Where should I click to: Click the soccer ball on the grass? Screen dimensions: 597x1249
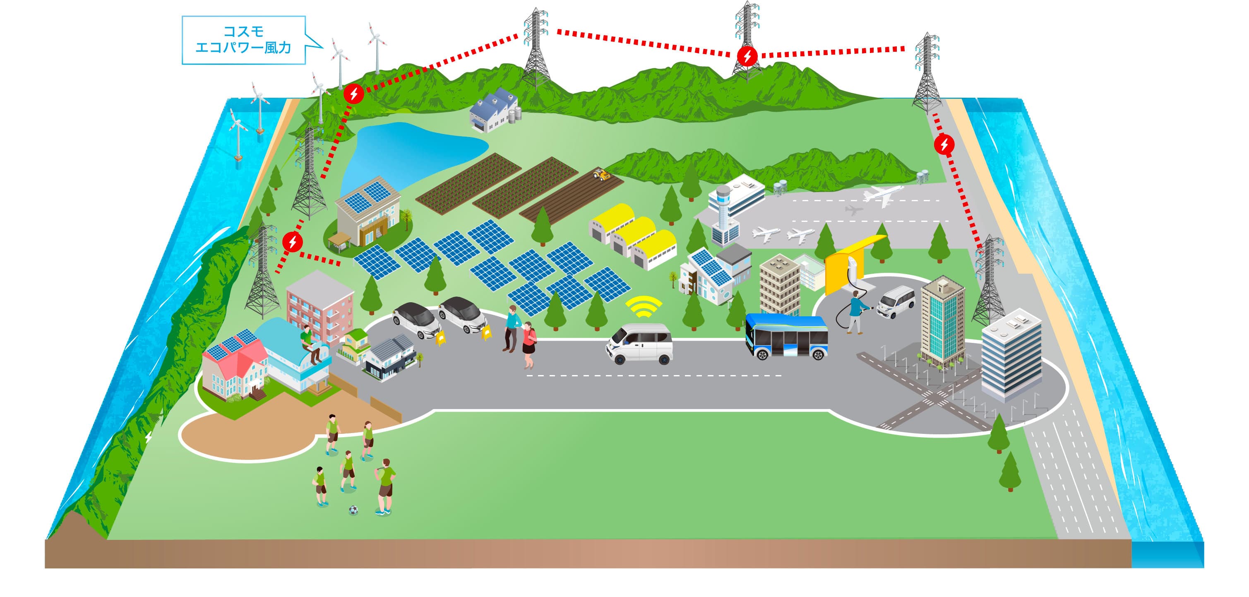coord(353,510)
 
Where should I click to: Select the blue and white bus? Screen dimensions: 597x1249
coord(786,337)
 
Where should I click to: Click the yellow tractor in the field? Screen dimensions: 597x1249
coord(601,175)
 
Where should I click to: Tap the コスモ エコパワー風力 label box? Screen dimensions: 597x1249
coord(243,40)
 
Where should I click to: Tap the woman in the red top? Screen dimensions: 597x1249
coord(528,344)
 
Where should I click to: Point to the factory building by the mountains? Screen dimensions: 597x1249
coord(492,111)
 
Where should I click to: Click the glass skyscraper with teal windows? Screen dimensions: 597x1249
coord(942,320)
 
